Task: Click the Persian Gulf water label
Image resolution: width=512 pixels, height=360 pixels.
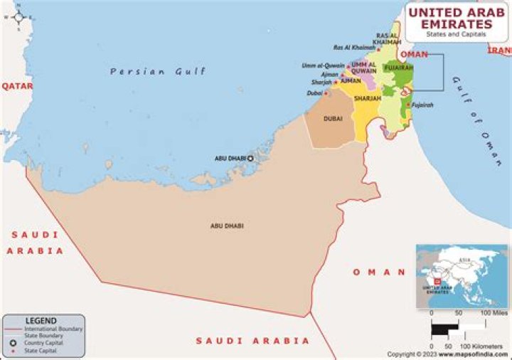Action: [158, 71]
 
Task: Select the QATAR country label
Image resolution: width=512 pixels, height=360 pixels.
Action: [17, 85]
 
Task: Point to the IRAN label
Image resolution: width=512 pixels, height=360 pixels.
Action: [498, 50]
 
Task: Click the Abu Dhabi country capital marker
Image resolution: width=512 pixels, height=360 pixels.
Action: [250, 158]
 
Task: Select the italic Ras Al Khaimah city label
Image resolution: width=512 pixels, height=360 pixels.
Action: [353, 48]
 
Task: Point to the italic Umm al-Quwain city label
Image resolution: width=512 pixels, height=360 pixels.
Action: [322, 66]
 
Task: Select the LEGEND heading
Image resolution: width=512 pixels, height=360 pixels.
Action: [41, 321]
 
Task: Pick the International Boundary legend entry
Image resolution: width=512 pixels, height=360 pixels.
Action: [53, 329]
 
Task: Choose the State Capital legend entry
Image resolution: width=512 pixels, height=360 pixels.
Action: [42, 351]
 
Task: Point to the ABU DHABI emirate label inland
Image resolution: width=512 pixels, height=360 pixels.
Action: [226, 226]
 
